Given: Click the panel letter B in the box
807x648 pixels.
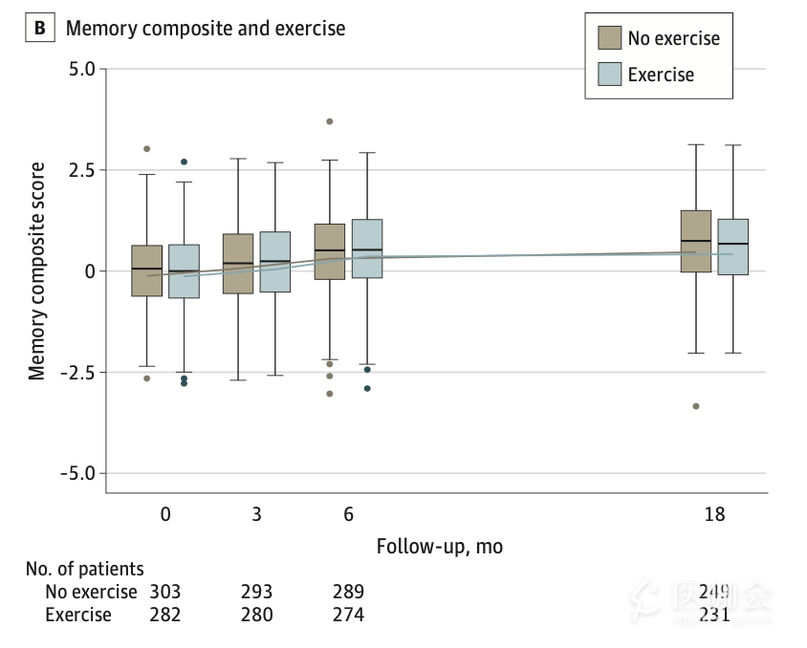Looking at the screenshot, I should click(40, 29).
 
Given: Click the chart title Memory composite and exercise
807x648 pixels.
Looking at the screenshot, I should click(205, 29).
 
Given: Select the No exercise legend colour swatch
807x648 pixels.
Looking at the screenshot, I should click(609, 38).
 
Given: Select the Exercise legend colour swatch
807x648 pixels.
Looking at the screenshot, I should click(609, 75).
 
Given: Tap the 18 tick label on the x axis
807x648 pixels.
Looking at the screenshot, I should click(714, 514).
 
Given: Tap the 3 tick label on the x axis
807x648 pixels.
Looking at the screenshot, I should click(256, 514).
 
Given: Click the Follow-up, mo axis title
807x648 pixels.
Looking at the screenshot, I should click(439, 547).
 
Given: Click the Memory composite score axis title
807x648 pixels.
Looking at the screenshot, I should click(37, 271).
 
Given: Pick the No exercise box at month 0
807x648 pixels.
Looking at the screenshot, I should click(147, 270).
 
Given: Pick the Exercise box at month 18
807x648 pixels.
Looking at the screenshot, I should click(732, 247).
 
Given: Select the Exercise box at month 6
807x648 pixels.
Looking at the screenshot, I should click(367, 248).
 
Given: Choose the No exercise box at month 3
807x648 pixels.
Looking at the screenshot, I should click(238, 263).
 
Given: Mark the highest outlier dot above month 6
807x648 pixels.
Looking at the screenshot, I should click(330, 121).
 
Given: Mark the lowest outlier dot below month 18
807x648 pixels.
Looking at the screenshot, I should click(696, 406).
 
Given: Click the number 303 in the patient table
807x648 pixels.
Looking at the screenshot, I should click(164, 593).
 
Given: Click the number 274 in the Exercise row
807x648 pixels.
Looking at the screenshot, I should click(348, 615).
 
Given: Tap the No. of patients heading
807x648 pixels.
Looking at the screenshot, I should click(85, 570).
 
